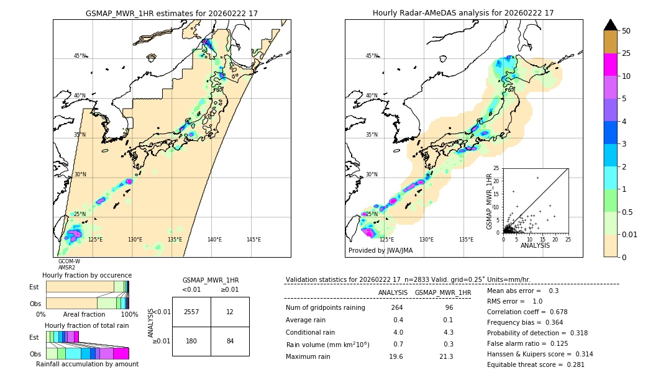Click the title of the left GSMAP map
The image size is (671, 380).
(x=171, y=13)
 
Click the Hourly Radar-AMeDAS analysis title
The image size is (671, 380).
(x=463, y=13)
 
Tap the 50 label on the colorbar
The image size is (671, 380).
(x=626, y=31)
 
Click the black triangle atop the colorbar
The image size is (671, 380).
(x=610, y=25)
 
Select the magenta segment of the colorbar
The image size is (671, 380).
(x=610, y=65)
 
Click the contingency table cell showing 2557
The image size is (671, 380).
(x=191, y=312)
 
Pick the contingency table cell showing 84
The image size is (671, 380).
(x=230, y=341)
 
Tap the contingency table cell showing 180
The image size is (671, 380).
(x=191, y=341)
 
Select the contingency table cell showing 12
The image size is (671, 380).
(x=230, y=312)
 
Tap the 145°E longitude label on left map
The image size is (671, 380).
(x=253, y=240)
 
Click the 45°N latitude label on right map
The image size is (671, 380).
(x=372, y=56)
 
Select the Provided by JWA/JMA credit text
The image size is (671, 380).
(x=380, y=251)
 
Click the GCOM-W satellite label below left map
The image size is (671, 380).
(x=69, y=261)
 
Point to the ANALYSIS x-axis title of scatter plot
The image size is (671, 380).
(x=535, y=245)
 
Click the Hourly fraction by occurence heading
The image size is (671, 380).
(x=87, y=275)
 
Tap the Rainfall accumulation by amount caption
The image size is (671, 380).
(x=87, y=364)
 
